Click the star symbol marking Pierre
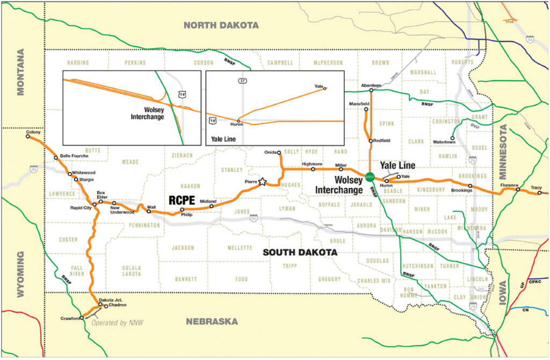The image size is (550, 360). [262, 182]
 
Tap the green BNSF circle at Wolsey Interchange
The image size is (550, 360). [370, 176]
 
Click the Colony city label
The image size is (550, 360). [33, 132]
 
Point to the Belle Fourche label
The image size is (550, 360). [73, 156]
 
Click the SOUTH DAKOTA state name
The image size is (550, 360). [300, 252]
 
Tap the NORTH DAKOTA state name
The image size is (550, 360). [221, 25]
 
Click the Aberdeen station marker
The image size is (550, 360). [371, 90]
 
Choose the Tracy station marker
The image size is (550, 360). [540, 192]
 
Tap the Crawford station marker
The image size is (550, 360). [82, 318]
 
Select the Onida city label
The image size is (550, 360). [270, 152]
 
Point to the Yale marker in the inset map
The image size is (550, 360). [325, 89]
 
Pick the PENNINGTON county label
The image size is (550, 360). [144, 225]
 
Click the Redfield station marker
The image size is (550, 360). [371, 141]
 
